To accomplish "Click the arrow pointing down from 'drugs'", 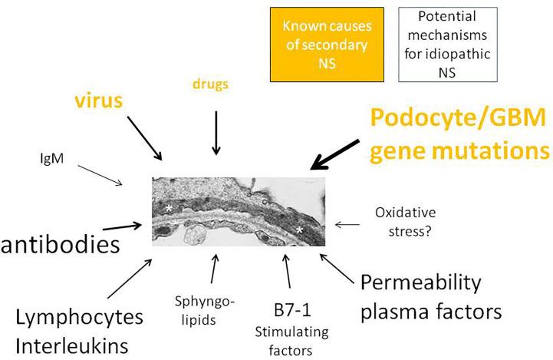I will (216, 132).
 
